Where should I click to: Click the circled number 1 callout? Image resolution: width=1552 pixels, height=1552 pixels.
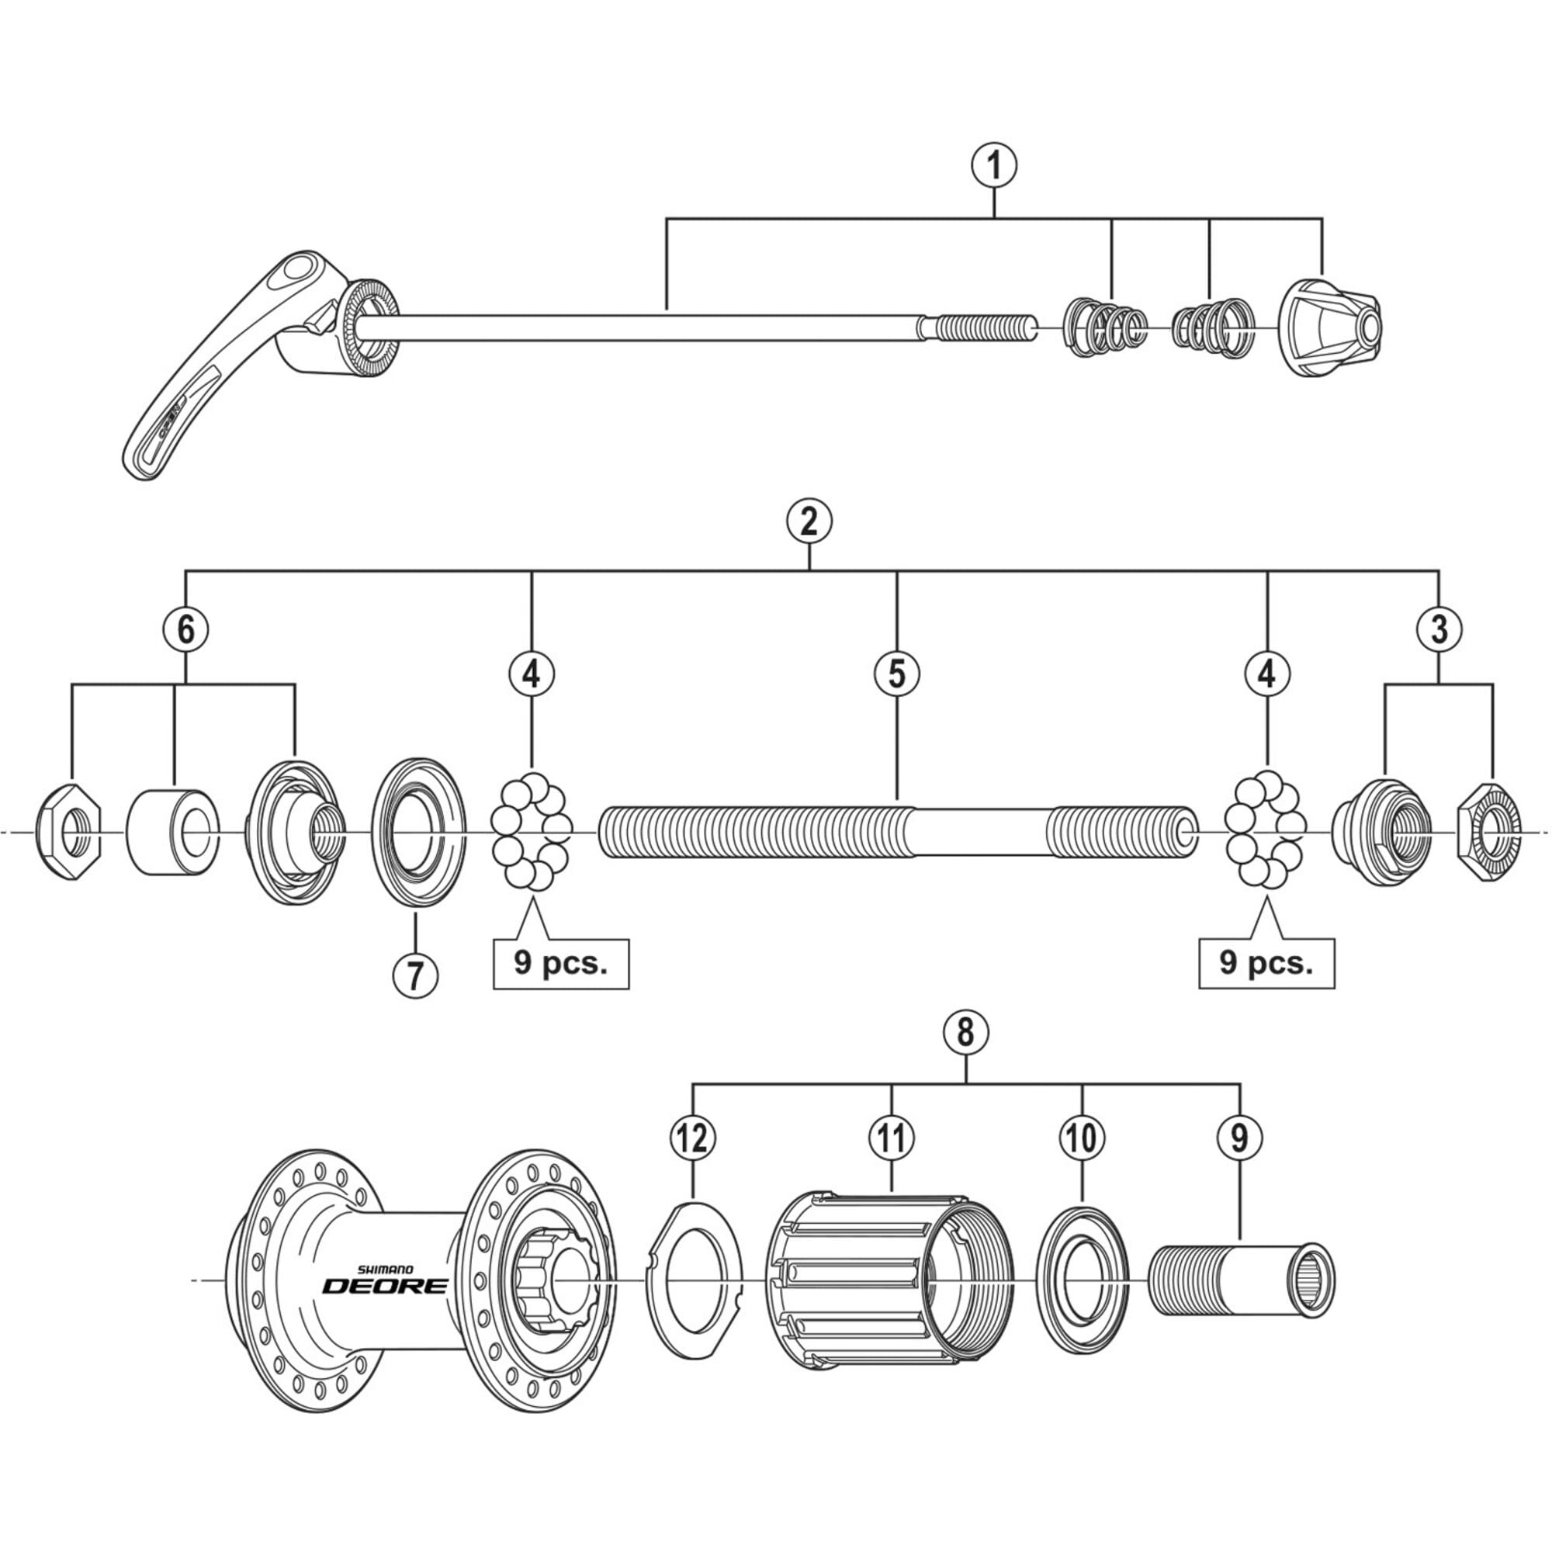pyautogui.click(x=994, y=166)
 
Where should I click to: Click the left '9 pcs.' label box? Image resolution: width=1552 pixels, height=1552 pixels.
pyautogui.click(x=561, y=963)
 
